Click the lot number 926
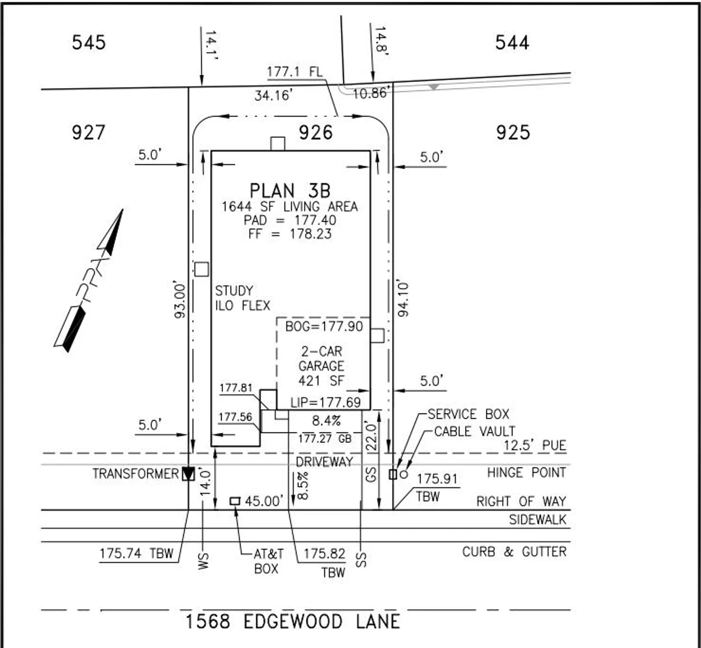[316, 132]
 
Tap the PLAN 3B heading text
[290, 191]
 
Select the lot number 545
[89, 42]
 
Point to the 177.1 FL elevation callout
[295, 72]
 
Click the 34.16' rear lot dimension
[273, 95]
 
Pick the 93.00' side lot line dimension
[180, 301]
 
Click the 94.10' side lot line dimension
[403, 299]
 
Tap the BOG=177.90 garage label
[324, 327]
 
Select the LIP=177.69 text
[325, 403]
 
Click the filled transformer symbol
[188, 474]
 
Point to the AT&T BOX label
[268, 561]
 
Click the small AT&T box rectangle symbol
[235, 501]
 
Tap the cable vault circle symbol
[404, 474]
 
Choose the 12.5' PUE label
[535, 445]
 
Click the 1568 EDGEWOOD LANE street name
[292, 622]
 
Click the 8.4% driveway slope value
[326, 420]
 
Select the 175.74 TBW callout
[136, 553]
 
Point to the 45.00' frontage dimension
[263, 501]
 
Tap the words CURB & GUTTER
[514, 552]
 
